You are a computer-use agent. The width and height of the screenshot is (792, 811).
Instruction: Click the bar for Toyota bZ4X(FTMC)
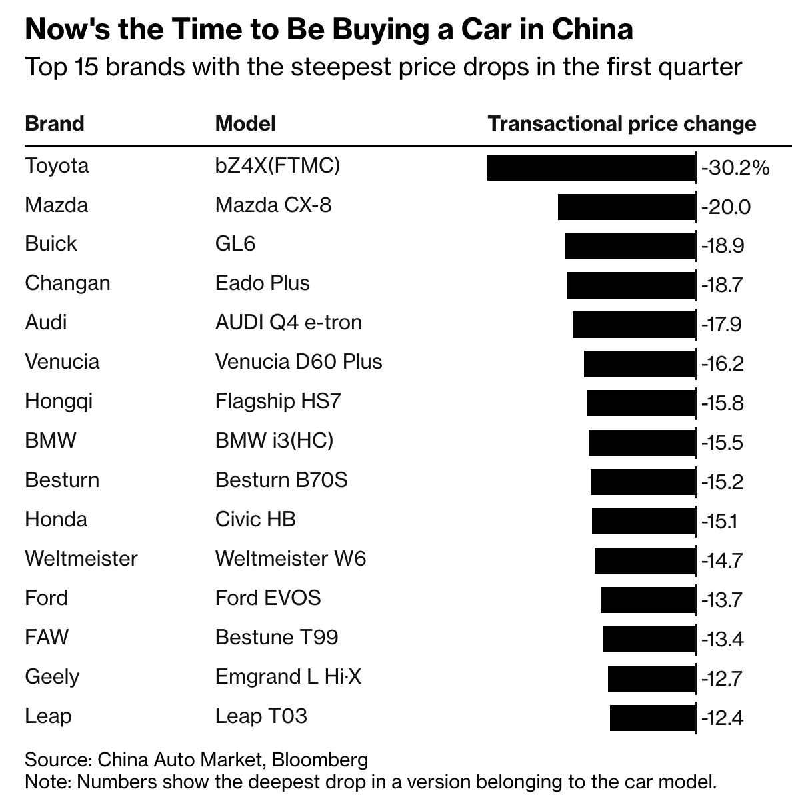591,167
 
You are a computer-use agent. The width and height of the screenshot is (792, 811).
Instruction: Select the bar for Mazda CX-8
626,207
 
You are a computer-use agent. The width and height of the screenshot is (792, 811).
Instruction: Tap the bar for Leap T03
652,718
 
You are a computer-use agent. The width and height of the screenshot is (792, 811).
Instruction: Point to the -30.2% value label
735,167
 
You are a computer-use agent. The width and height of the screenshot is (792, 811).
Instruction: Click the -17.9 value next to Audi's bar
721,325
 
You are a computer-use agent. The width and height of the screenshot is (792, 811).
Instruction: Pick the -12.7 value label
722,679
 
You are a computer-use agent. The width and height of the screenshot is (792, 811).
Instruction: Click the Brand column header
55,124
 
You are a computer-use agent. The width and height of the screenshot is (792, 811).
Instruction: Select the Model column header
245,124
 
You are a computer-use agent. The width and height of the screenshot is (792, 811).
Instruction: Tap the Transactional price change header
622,124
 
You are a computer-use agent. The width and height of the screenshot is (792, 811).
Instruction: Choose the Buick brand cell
51,243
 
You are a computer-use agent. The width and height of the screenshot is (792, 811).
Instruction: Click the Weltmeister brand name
81,558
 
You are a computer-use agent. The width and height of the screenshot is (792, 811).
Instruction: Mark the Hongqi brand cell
59,401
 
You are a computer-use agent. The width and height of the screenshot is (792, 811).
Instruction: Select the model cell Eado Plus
262,283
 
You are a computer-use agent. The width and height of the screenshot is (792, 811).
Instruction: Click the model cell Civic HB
255,519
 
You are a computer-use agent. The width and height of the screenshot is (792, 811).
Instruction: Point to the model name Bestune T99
277,637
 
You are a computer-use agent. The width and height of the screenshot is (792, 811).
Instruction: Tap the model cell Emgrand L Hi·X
288,676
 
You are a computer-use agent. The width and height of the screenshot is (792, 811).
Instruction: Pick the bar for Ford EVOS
647,600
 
